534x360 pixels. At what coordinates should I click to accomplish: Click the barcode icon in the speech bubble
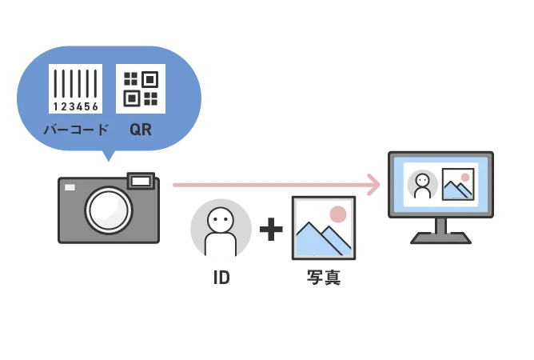(x=75, y=84)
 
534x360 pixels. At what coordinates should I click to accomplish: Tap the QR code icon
(x=141, y=88)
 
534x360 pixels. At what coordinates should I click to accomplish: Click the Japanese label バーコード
(x=76, y=130)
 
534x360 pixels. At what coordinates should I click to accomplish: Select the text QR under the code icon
(x=141, y=130)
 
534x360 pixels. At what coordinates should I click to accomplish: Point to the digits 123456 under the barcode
(x=76, y=106)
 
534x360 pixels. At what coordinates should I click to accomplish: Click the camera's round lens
(x=108, y=210)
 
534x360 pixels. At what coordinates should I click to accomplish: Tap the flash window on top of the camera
(x=141, y=182)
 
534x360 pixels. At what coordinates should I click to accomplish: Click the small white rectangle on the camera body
(x=70, y=187)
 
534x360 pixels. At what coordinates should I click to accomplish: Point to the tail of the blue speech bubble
(x=109, y=158)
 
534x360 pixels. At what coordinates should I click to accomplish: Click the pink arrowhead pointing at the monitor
(x=373, y=185)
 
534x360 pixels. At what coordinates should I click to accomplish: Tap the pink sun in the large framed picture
(x=338, y=214)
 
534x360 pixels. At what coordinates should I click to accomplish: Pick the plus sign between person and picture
(x=269, y=230)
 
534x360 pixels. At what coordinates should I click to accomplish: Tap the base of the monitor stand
(x=440, y=238)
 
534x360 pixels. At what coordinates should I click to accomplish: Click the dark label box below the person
(x=220, y=278)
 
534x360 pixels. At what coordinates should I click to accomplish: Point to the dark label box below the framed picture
(x=325, y=278)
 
